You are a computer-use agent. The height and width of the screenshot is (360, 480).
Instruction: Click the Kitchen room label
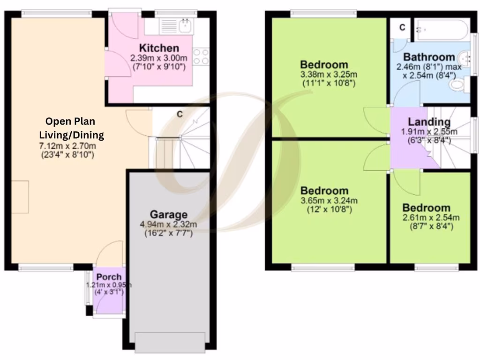coord(159,48)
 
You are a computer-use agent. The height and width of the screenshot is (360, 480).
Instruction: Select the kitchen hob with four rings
coord(201,57)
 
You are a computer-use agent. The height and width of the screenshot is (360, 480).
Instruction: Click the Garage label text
coord(168,215)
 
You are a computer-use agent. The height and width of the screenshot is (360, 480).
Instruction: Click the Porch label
coord(109,277)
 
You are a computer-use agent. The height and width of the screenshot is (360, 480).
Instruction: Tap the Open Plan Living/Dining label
coord(71,129)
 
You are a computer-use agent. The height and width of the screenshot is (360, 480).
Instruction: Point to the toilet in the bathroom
coord(457,86)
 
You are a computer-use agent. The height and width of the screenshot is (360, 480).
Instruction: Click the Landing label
coord(429,122)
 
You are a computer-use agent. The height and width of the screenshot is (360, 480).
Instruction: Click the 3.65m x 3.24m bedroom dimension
coord(329,201)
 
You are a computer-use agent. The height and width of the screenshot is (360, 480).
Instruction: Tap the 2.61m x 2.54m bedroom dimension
coord(430,217)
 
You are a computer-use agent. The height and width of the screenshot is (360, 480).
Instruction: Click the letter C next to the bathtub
coord(402,28)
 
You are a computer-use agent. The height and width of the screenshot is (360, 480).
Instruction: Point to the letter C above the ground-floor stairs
coord(179,114)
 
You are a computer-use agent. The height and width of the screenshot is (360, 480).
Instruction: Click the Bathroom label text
coord(429,57)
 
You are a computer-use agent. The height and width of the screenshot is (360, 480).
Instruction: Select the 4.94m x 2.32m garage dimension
coord(168,225)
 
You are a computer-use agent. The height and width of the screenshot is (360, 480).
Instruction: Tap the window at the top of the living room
coord(56,14)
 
